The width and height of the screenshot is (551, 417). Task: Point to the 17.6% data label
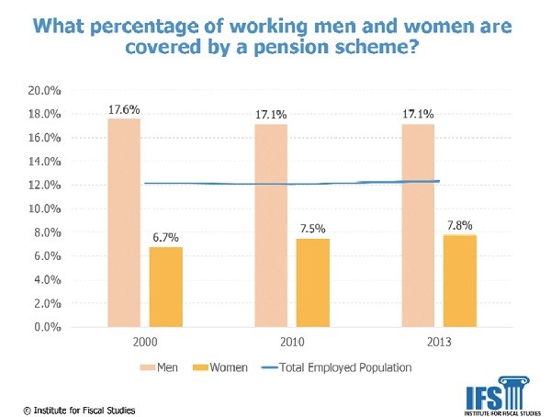tap(124, 109)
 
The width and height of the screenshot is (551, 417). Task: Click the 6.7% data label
tap(166, 237)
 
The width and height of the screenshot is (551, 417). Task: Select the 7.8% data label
tap(460, 224)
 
